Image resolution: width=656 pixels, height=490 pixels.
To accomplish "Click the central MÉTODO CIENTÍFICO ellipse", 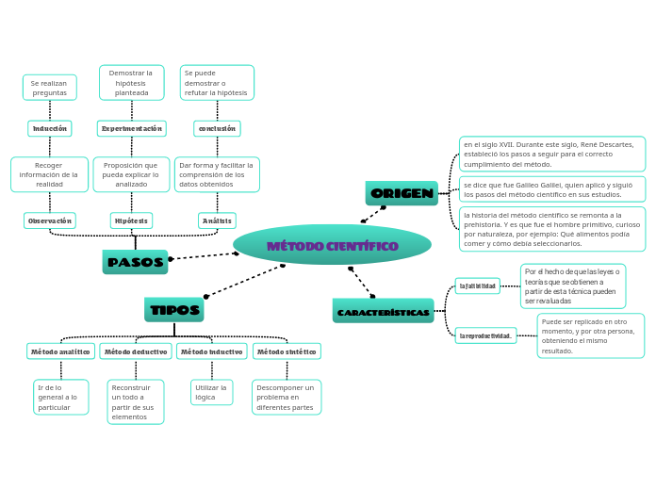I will point(332,245).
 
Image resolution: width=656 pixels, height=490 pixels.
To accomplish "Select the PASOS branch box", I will point(135,262).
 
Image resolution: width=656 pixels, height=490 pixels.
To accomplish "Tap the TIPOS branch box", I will point(174,309).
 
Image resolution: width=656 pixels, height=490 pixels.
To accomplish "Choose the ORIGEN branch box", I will point(402,193).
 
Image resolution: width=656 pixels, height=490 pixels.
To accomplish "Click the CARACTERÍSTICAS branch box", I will point(383,311).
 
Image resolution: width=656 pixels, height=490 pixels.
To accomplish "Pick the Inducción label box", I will point(50,128).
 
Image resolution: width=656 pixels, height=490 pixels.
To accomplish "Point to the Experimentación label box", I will point(132,128).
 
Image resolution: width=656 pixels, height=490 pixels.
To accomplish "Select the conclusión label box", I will point(217,128).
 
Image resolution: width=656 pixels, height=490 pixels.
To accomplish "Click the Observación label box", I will point(50,220).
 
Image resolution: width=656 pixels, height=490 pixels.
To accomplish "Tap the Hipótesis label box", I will point(131,220).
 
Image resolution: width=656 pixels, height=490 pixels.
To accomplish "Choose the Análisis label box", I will point(217,220).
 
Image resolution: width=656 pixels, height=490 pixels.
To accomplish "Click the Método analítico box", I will point(60,351).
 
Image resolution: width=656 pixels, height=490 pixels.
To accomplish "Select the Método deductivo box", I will point(136,351).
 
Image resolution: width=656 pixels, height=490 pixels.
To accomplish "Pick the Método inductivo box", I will point(211,351).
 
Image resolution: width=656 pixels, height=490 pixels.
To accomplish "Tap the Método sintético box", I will point(287,351).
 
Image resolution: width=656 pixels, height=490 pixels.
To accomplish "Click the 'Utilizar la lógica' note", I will point(211,392).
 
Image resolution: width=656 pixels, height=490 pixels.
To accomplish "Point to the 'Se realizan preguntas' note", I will point(50,88).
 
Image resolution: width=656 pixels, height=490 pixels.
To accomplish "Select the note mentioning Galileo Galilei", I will point(551,189).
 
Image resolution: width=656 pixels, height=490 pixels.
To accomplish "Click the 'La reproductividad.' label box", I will point(485,335).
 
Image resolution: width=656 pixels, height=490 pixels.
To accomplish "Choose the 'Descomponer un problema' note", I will point(287,397).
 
